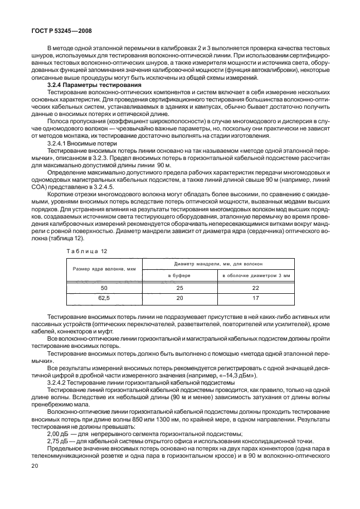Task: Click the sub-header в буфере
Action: pos(179,275)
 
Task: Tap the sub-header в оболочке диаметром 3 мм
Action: pos(256,275)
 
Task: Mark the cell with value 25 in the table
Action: pos(179,288)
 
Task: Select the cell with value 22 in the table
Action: pos(256,288)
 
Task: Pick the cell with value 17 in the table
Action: pos(256,299)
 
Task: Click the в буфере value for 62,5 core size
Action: pos(179,299)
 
